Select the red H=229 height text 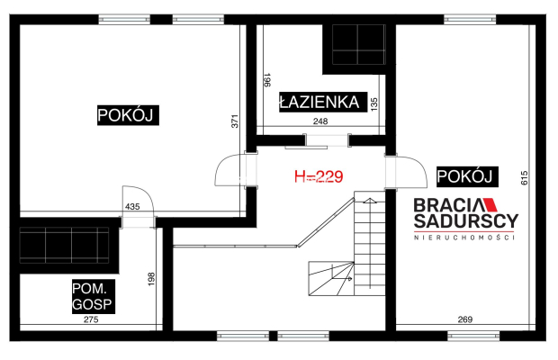coord(319,176)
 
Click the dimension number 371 coord(235,121)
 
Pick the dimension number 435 coord(132,206)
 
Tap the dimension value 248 coord(320,121)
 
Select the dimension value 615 coord(524,178)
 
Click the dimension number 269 coord(465,319)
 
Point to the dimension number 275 coord(91,319)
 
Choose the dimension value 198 coord(151,279)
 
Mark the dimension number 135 coord(373,104)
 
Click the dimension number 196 coord(267,80)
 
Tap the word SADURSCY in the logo coord(466,220)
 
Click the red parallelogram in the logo coord(490,204)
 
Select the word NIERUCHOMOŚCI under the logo coord(464,238)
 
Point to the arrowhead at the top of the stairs coord(370,201)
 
